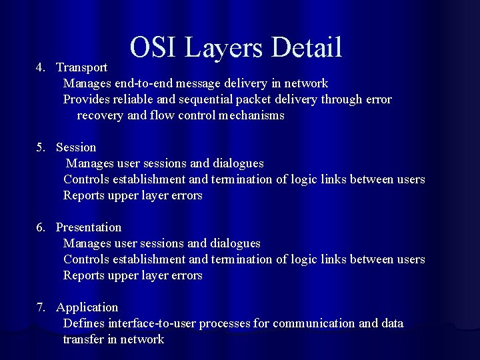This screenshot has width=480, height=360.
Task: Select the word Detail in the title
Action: coord(307,47)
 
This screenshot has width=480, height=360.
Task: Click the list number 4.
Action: coord(41,67)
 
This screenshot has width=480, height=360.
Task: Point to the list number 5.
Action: coord(41,147)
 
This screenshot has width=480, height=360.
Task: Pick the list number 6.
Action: coord(41,227)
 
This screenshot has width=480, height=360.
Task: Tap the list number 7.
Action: coord(41,307)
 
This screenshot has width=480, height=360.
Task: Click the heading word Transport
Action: coord(81,67)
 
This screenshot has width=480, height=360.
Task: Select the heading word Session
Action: coord(76,147)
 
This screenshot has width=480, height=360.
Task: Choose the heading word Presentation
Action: coord(89,227)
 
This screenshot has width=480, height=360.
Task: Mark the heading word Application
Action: coord(87,307)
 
